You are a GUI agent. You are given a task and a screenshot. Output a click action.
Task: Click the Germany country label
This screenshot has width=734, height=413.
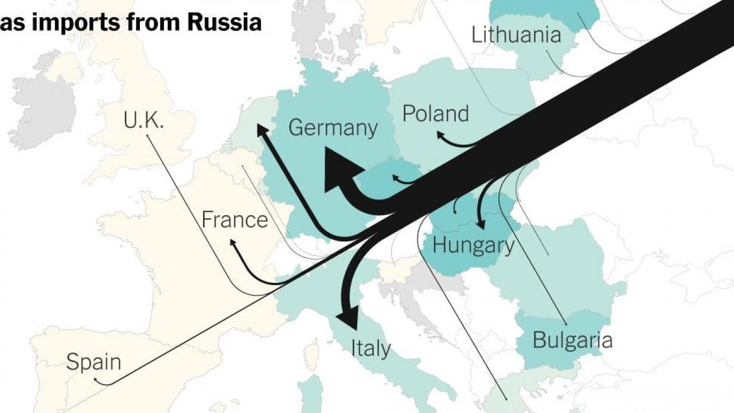tap(333, 127)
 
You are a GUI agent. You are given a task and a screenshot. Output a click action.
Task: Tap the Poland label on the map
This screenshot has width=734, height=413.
tap(435, 114)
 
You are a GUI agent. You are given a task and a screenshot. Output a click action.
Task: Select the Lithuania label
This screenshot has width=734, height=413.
tap(516, 35)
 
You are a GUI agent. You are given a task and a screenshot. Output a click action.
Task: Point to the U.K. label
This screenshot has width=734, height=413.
tap(143, 120)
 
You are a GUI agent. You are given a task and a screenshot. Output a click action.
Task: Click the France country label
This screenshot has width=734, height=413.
tap(235, 220)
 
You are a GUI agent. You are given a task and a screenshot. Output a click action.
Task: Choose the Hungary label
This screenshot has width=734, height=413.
tap(473, 246)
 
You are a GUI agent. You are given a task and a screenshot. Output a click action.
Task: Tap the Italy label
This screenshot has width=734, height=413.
tap(370, 348)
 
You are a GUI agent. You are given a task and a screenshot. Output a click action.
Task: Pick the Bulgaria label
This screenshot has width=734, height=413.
tap(572, 340)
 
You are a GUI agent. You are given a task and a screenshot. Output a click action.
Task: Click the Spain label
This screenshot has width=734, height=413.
tap(93, 363)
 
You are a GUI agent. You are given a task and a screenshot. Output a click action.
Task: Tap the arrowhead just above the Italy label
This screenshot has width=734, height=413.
tap(348, 316)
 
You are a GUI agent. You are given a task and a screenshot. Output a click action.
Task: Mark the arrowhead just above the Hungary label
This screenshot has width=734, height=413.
tap(480, 224)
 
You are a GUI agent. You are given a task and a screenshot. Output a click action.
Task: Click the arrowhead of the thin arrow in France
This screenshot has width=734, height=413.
tap(233, 243)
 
